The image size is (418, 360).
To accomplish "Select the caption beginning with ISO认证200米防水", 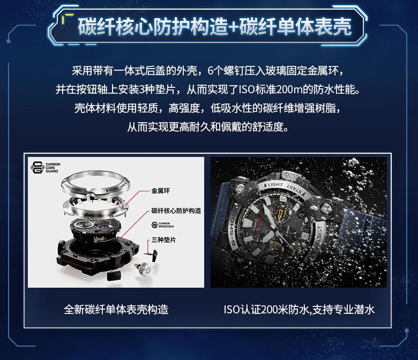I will click(x=299, y=309).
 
